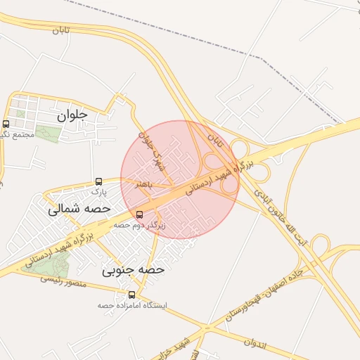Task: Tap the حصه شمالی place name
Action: tap(79, 209)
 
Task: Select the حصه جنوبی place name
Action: tap(133, 269)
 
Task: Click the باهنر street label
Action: tap(145, 184)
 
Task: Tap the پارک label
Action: tap(99, 191)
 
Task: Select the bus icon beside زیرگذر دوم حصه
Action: tap(139, 214)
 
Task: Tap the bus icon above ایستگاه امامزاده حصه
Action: tap(132, 295)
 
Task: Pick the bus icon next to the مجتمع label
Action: tap(6, 124)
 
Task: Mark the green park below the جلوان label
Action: tap(48, 133)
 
